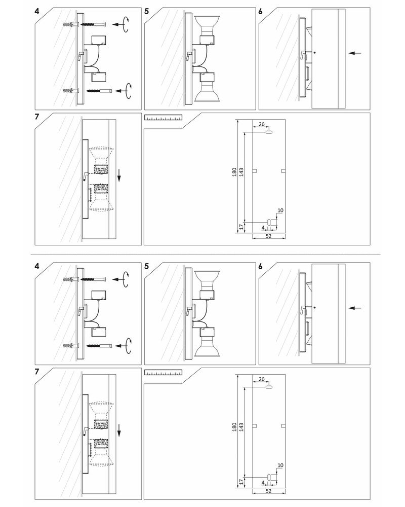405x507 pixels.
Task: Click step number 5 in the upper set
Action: pos(147,11)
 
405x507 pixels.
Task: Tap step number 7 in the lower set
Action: pos(37,372)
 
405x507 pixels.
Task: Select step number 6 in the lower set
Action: pos(261,266)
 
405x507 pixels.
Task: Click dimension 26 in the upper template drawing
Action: pos(262,124)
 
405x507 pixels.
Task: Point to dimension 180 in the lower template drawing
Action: pos(234,427)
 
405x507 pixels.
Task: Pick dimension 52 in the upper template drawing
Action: pos(268,236)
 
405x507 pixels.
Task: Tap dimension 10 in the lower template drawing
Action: pos(280,465)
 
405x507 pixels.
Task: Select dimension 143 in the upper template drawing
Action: pos(241,172)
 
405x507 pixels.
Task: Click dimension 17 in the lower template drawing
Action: pos(241,482)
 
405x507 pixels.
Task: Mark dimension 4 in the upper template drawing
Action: pos(263,228)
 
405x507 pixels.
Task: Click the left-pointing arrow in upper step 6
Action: pos(355,53)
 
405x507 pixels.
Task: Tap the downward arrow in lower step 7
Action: pos(119,430)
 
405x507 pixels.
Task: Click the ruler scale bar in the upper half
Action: pos(163,118)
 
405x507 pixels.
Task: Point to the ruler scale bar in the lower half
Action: pos(163,373)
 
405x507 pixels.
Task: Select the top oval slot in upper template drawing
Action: pos(269,132)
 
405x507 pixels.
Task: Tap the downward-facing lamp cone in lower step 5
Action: pos(207,346)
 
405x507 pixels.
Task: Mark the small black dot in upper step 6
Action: pos(314,52)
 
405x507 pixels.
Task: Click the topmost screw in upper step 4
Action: pos(93,24)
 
